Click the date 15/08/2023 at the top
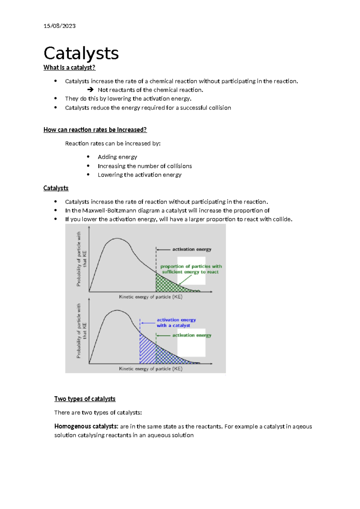[59, 26]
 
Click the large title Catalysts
[81, 53]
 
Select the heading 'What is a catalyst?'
[69, 68]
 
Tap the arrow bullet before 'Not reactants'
[90, 90]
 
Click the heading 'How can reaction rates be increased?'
[95, 130]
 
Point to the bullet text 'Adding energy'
[117, 157]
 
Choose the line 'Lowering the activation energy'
[139, 175]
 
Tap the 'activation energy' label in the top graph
[192, 249]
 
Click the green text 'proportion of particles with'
[191, 266]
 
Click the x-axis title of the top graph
[151, 297]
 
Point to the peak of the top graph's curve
[117, 239]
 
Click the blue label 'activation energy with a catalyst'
[176, 323]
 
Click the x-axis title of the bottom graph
[151, 369]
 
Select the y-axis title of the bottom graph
[81, 331]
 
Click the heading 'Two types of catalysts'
[85, 399]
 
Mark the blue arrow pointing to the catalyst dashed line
[148, 323]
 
